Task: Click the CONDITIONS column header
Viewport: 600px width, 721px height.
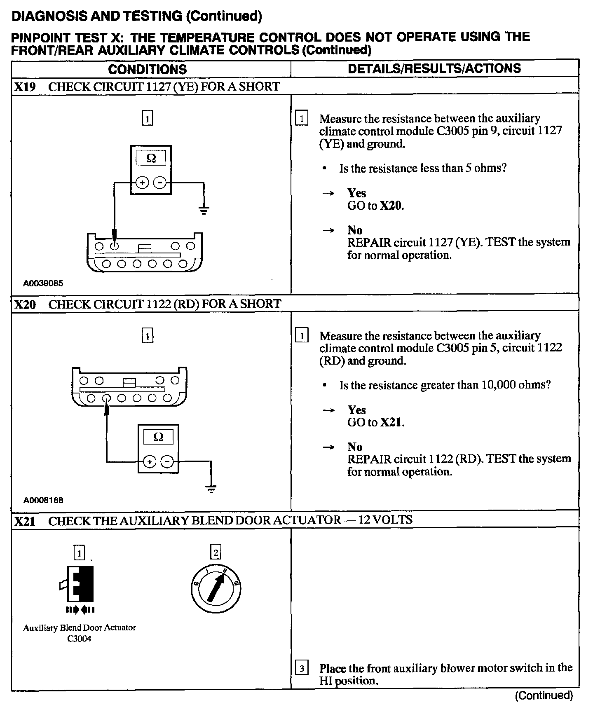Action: [x=148, y=69]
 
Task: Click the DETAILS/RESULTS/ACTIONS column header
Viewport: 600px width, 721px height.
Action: [x=434, y=68]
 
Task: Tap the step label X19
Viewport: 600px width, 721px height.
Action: [x=25, y=87]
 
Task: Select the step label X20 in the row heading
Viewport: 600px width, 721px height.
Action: [x=25, y=305]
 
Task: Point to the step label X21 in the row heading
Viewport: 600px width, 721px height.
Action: [x=25, y=522]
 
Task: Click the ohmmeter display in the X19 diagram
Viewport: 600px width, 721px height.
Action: [x=151, y=158]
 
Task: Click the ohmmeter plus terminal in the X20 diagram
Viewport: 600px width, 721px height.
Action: [x=149, y=462]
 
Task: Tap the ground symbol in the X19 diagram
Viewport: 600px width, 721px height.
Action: [x=204, y=211]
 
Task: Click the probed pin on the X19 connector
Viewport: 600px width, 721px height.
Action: [x=115, y=246]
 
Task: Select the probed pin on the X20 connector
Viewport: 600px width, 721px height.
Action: [x=106, y=398]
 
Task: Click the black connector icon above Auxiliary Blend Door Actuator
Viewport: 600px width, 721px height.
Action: [x=80, y=584]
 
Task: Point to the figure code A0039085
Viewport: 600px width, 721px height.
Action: [x=43, y=283]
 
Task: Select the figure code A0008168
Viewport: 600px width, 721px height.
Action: [x=43, y=501]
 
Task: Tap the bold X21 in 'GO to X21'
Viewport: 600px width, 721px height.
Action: [x=390, y=422]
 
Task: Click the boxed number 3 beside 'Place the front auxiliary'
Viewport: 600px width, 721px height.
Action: [x=302, y=668]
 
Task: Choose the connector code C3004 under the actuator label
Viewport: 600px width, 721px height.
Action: [x=79, y=639]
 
